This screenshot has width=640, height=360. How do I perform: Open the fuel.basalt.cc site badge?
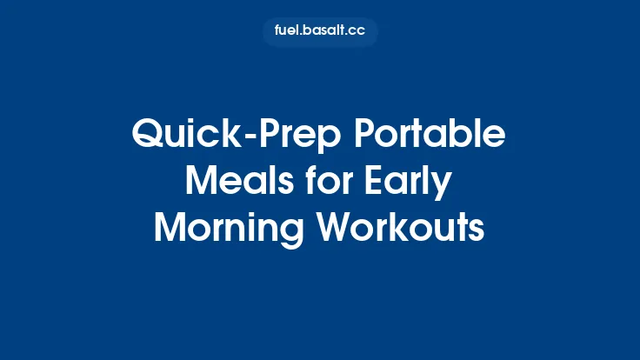tap(320, 32)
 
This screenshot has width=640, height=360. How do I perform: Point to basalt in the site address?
tap(323, 32)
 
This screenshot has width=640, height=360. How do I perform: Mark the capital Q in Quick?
tap(144, 137)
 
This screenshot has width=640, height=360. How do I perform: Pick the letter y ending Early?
tap(443, 186)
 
